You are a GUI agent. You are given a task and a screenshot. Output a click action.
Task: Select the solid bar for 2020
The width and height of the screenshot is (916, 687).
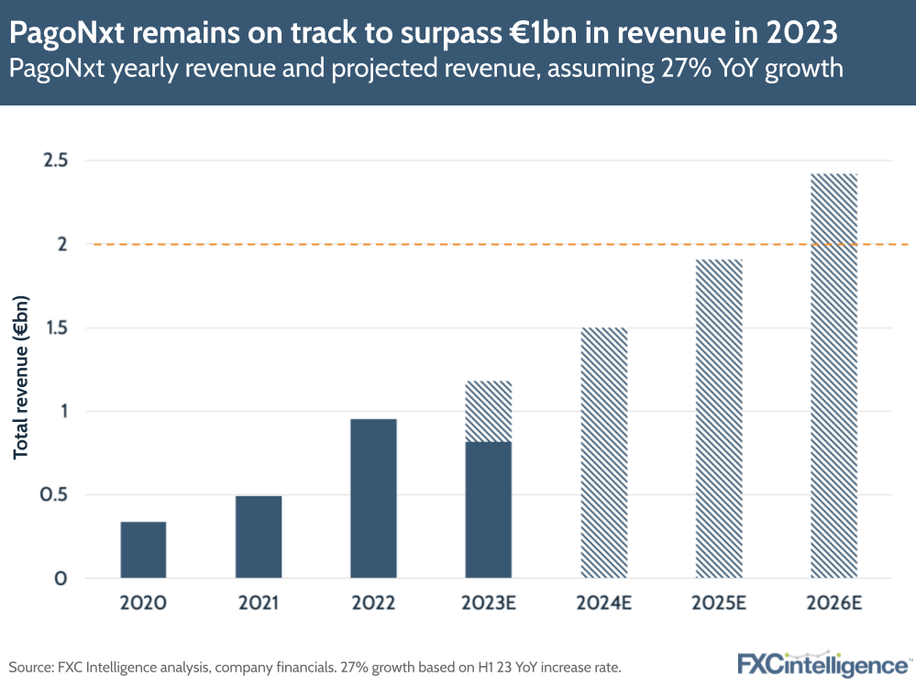tap(143, 549)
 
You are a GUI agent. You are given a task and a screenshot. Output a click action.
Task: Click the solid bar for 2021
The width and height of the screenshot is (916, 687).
tap(259, 537)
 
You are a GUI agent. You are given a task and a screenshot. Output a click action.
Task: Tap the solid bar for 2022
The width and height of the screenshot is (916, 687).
tap(373, 498)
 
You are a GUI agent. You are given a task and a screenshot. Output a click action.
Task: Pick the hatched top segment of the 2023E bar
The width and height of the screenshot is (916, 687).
tap(489, 411)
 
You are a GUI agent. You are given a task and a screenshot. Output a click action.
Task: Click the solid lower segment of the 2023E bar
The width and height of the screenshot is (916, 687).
tap(489, 510)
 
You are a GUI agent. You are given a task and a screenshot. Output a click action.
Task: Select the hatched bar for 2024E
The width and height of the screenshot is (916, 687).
tap(604, 453)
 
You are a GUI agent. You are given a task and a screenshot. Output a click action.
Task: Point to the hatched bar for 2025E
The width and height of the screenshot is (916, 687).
tap(719, 419)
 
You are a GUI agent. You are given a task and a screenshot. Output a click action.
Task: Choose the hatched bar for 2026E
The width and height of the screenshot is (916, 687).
tap(834, 376)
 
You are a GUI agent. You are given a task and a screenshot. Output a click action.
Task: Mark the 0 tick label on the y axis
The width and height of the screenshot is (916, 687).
tap(61, 579)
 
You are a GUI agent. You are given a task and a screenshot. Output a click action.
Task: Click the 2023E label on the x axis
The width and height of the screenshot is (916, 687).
tap(489, 604)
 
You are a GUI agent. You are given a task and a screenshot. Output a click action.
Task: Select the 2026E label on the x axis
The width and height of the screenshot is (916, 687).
tap(834, 604)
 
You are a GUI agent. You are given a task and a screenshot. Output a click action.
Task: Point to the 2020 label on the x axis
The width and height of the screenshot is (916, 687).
tap(143, 604)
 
